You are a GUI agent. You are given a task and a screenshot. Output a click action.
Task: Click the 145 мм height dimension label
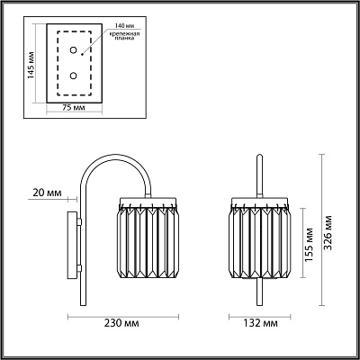pyautogui.click(x=31, y=66)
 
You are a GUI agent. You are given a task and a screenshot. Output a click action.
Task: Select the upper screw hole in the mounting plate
pyautogui.click(x=73, y=50)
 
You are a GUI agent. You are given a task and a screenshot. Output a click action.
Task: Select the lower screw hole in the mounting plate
pyautogui.click(x=73, y=76)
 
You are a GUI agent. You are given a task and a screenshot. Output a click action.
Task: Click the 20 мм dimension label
pyautogui.click(x=47, y=193)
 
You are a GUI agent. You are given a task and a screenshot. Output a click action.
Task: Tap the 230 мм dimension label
pyautogui.click(x=121, y=323)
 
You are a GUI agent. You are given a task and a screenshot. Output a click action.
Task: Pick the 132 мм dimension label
pyautogui.click(x=260, y=323)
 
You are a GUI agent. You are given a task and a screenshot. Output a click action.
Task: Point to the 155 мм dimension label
pyautogui.click(x=309, y=245)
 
